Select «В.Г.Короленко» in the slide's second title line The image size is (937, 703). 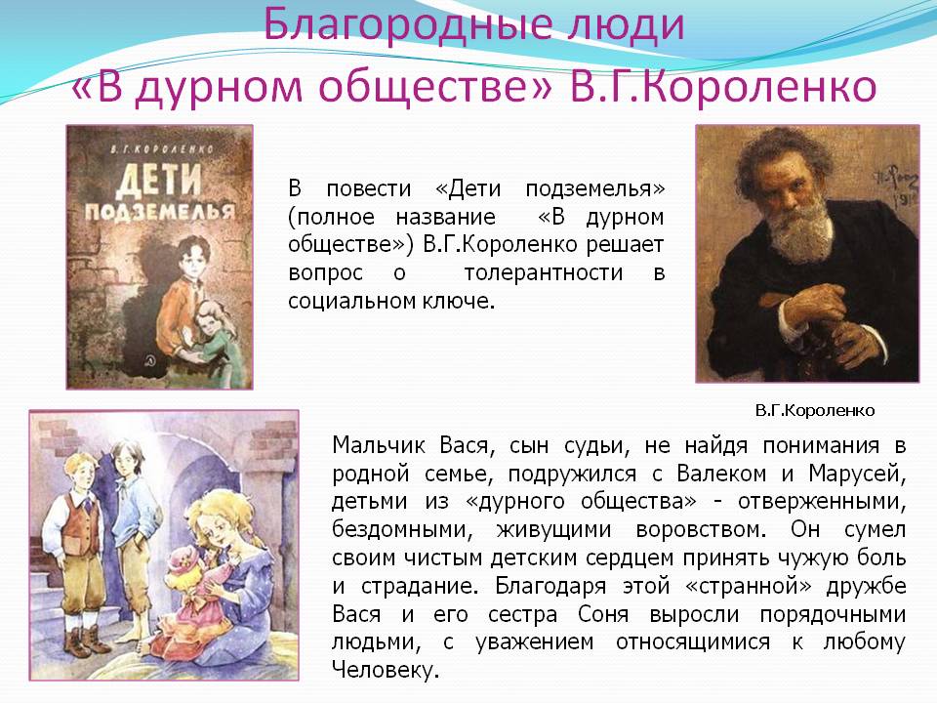pyautogui.click(x=722, y=88)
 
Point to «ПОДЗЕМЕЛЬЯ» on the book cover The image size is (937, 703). pyautogui.click(x=159, y=212)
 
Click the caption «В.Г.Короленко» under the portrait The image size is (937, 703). pyautogui.click(x=815, y=411)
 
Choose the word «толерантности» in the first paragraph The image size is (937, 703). pyautogui.click(x=544, y=272)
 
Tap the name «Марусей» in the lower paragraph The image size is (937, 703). pyautogui.click(x=857, y=475)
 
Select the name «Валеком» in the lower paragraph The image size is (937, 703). pyautogui.click(x=721, y=474)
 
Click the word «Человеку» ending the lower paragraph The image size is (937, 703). pyautogui.click(x=383, y=670)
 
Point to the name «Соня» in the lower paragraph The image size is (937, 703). pyautogui.click(x=603, y=614)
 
